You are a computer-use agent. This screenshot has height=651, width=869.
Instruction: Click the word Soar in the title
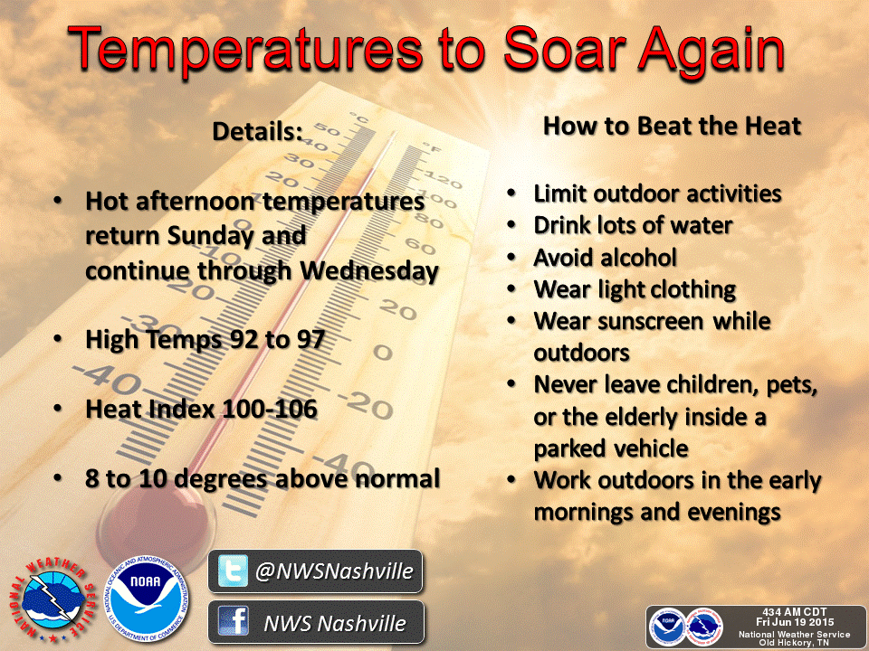[564, 50]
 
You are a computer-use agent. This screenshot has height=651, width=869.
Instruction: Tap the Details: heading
[258, 132]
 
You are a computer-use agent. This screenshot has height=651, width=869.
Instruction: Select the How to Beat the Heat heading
[672, 127]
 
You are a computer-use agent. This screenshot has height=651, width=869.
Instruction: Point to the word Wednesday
[369, 270]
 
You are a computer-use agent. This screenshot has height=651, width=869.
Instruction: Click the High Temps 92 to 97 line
[205, 339]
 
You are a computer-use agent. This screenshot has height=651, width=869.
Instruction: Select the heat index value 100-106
[270, 409]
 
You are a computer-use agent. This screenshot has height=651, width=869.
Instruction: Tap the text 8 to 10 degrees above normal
[263, 479]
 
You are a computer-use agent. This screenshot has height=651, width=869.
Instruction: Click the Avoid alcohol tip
[606, 258]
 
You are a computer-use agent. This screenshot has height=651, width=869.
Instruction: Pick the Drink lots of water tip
[633, 225]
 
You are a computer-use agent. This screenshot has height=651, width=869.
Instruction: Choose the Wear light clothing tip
[635, 290]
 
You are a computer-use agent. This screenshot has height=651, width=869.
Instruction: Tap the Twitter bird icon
[233, 571]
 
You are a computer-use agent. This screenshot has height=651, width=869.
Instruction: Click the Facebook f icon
[233, 621]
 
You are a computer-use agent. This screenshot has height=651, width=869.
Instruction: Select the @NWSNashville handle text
[334, 571]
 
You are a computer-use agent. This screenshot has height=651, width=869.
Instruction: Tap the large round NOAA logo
[147, 599]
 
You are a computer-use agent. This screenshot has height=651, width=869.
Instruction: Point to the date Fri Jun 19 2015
[795, 622]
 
